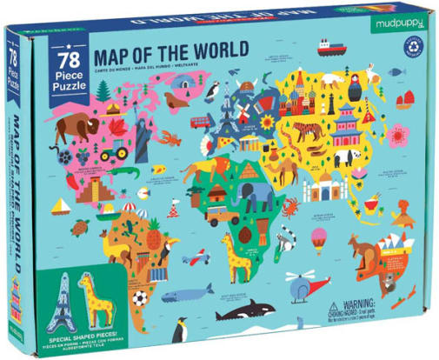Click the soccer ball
tap(139, 298)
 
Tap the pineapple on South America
tap(153, 233)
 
